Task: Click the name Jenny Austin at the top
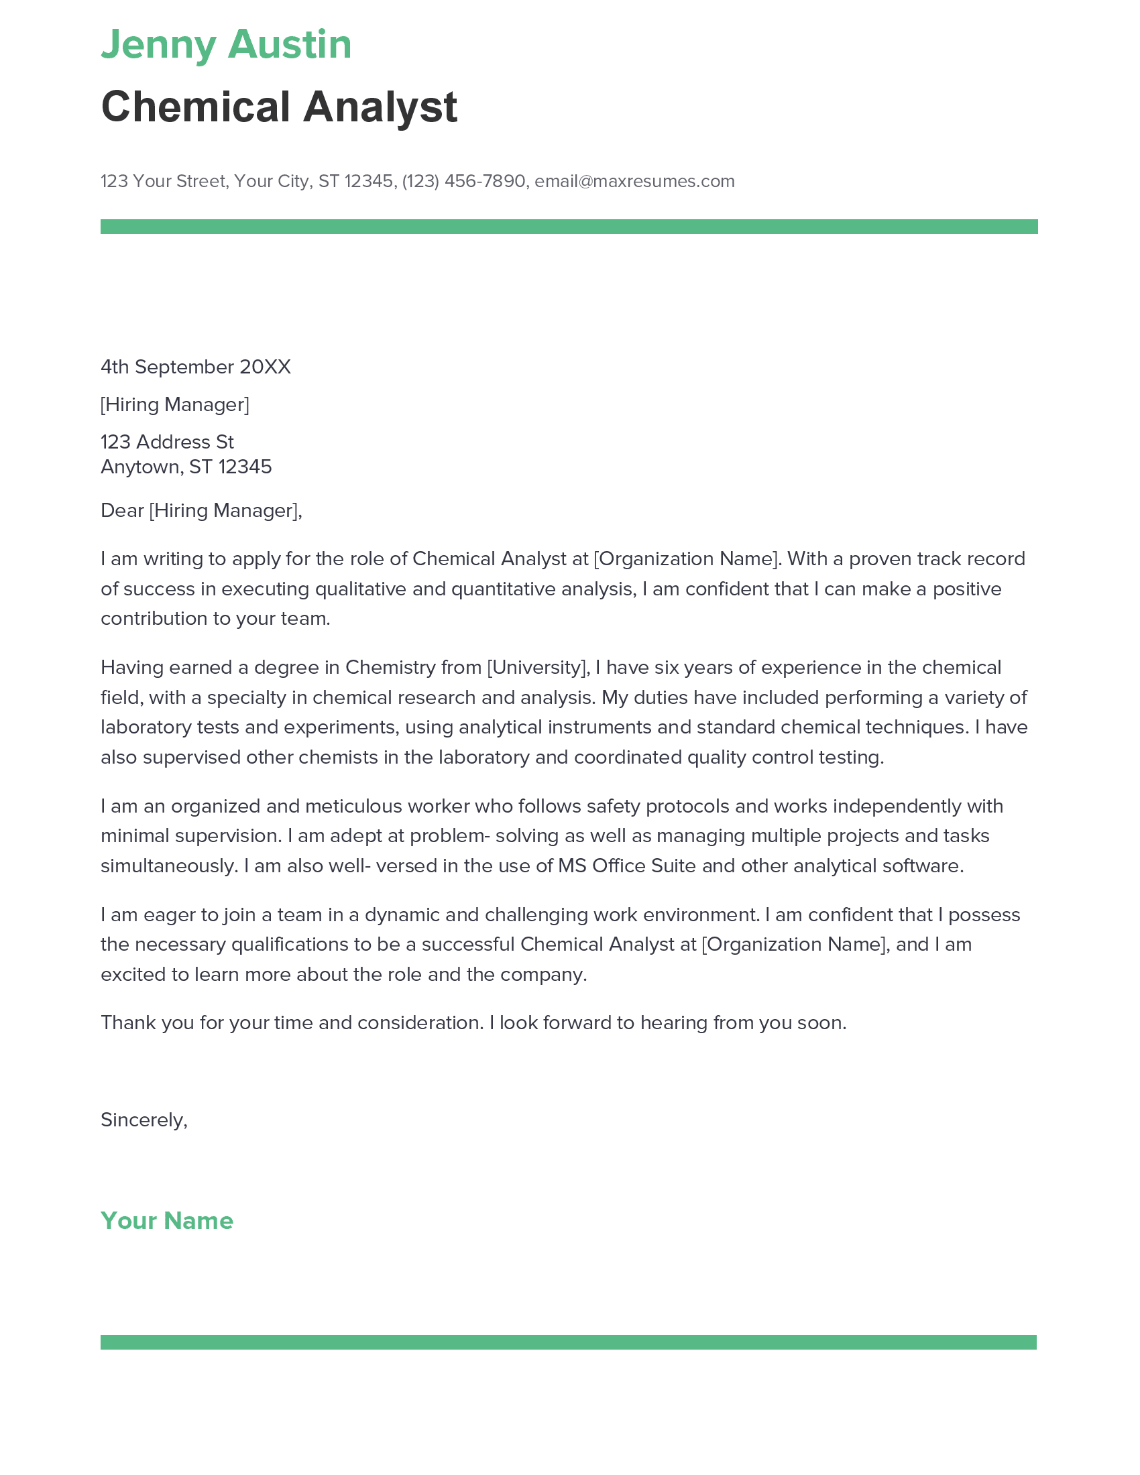pyautogui.click(x=226, y=45)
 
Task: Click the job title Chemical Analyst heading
pyautogui.click(x=279, y=107)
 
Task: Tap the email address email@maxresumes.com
pyautogui.click(x=634, y=181)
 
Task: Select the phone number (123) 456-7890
pyautogui.click(x=463, y=181)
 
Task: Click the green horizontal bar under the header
pyautogui.click(x=569, y=227)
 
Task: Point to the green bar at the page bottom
pyautogui.click(x=569, y=1342)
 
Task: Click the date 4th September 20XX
pyautogui.click(x=196, y=367)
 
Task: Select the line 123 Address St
pyautogui.click(x=168, y=442)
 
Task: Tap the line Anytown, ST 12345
pyautogui.click(x=186, y=467)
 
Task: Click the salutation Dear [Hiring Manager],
pyautogui.click(x=201, y=510)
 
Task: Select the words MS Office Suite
pyautogui.click(x=627, y=866)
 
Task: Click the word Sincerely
pyautogui.click(x=144, y=1120)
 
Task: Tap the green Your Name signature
pyautogui.click(x=167, y=1220)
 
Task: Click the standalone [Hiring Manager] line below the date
pyautogui.click(x=175, y=404)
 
